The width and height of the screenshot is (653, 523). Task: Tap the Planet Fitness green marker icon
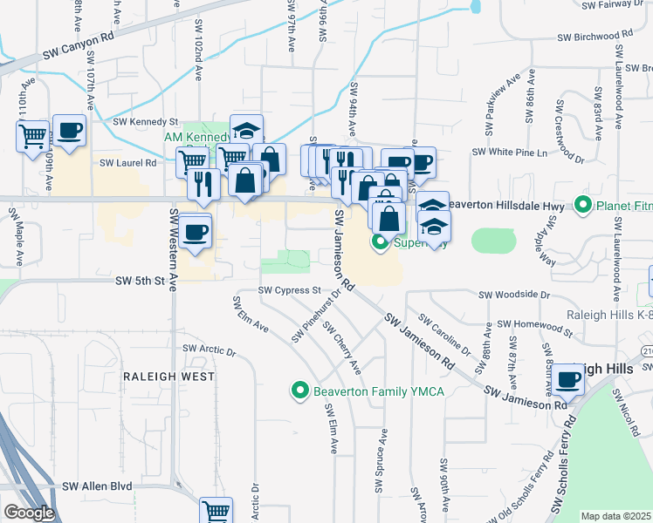[584, 206]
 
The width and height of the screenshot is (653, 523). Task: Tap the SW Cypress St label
[290, 290]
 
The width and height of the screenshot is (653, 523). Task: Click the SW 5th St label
[141, 281]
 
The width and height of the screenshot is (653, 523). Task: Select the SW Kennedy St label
[147, 122]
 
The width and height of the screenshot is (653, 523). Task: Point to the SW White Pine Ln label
[508, 152]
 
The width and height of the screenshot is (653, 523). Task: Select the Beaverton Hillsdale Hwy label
[510, 203]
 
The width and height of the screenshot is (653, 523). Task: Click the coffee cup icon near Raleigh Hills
[567, 379]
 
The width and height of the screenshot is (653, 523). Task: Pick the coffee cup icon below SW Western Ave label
[197, 231]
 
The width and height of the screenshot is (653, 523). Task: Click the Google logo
[29, 513]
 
